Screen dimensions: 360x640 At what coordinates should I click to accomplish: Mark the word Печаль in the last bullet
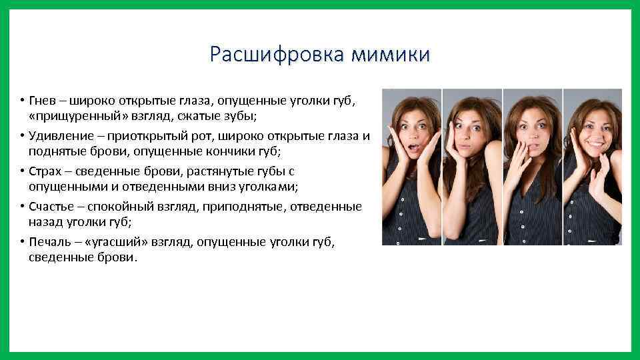(x=50, y=242)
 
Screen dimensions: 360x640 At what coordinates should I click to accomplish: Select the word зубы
(x=239, y=116)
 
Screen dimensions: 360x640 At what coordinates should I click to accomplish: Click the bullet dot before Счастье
(x=22, y=207)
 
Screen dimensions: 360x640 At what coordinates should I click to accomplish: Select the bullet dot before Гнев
(x=22, y=101)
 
